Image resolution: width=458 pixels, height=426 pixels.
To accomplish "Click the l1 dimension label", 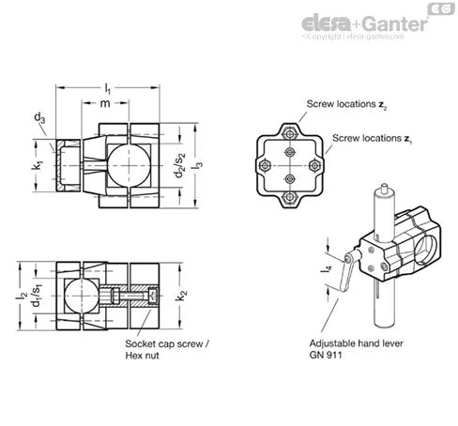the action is coord(107,89).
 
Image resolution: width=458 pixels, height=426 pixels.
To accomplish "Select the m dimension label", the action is coord(105,103).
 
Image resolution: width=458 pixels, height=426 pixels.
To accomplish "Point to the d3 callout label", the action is coord(39,118).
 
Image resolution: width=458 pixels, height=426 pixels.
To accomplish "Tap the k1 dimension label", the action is coord(37,165).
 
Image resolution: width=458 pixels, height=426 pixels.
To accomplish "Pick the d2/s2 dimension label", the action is coord(180,165).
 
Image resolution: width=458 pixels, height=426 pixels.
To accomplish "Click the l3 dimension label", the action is coord(198,165).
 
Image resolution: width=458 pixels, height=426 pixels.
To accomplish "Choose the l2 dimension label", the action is coord(22,296).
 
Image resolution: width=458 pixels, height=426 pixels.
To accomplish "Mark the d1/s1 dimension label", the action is coord(38,296).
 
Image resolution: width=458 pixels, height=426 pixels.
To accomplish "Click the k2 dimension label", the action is coord(181,296).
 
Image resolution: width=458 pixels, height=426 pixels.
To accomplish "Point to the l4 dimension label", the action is coord(327,268).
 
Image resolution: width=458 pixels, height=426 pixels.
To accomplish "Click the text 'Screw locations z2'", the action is coord(347,104).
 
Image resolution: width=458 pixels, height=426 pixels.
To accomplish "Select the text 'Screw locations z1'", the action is coord(373,139).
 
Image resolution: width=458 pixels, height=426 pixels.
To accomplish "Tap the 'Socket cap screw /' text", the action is coord(167,343).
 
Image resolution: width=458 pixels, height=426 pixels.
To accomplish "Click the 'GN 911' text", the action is coord(326,355).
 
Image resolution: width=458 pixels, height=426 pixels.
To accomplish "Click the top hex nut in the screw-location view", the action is coord(290,134).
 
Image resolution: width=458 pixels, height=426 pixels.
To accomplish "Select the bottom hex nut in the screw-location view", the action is coord(290,197).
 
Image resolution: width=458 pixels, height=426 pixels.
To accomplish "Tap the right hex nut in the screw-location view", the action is coord(314,165).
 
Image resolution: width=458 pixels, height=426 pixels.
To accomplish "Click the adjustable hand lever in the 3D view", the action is coord(346,273).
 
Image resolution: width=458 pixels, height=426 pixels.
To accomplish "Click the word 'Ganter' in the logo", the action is coord(396,23).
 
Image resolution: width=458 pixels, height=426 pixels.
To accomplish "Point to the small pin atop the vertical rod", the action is coord(384,189).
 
